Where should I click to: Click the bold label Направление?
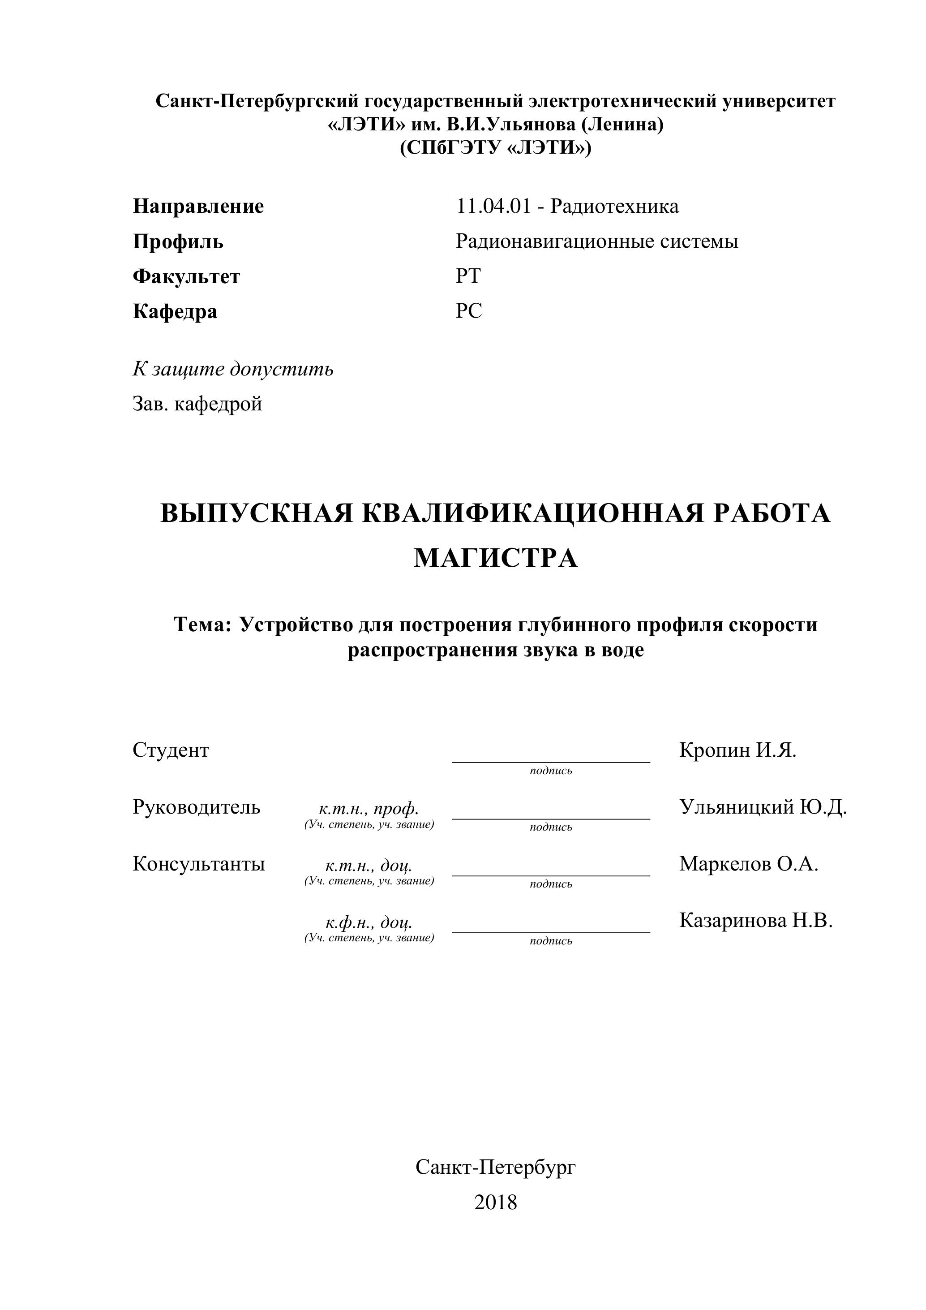198,206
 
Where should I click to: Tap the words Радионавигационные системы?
596,241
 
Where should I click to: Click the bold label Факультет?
186,277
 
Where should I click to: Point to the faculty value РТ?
468,276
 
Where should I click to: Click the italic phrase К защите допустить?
233,369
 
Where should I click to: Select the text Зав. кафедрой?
197,404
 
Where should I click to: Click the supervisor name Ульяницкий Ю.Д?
763,807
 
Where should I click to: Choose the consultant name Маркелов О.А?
748,864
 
